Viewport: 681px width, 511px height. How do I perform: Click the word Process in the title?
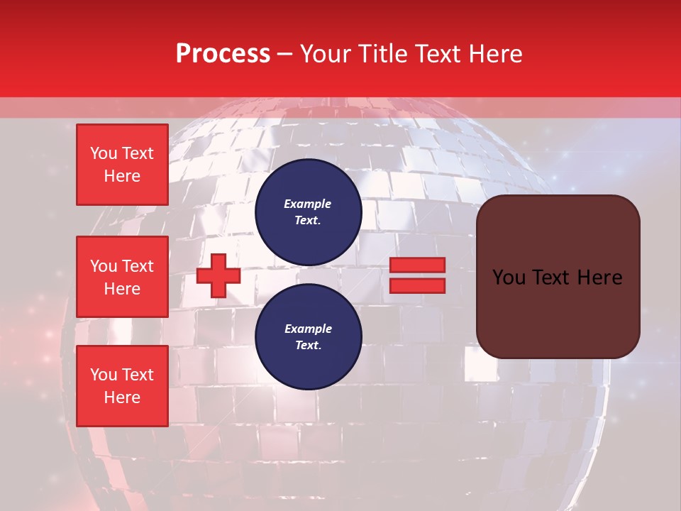point(223,54)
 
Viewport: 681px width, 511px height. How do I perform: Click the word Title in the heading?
point(381,54)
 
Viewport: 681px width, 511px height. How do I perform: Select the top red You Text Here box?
point(122,165)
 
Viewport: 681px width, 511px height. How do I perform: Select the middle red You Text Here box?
point(122,277)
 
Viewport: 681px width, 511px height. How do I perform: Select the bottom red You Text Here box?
point(122,386)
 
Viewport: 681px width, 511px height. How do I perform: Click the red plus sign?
point(218,275)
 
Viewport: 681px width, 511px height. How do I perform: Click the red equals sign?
point(417,275)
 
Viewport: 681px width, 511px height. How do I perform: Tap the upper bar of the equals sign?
point(417,265)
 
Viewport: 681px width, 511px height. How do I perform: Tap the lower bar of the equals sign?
point(417,285)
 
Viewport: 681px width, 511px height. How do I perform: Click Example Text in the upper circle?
point(308,211)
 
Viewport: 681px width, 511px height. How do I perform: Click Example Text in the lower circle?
point(308,336)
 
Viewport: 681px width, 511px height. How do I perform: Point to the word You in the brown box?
point(509,278)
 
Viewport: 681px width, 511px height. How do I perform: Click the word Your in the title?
point(326,54)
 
